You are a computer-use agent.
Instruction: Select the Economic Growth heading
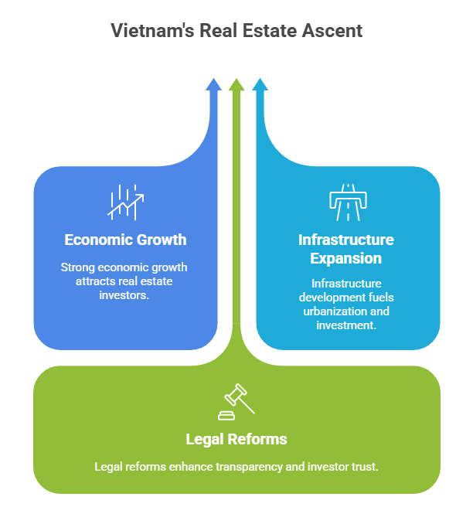[125, 240]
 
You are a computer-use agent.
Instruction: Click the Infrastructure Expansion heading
[346, 249]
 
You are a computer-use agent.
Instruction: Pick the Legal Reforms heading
[236, 439]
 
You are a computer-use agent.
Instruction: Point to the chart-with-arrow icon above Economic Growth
[125, 201]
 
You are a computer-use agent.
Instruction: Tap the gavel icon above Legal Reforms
[236, 401]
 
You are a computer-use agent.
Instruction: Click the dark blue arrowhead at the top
[213, 84]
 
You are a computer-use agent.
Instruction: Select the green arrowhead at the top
[236, 84]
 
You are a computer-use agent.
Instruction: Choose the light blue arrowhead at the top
[260, 84]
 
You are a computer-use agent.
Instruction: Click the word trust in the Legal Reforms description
[365, 467]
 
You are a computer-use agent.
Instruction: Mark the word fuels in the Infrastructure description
[381, 297]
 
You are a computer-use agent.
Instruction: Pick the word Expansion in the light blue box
[346, 258]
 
